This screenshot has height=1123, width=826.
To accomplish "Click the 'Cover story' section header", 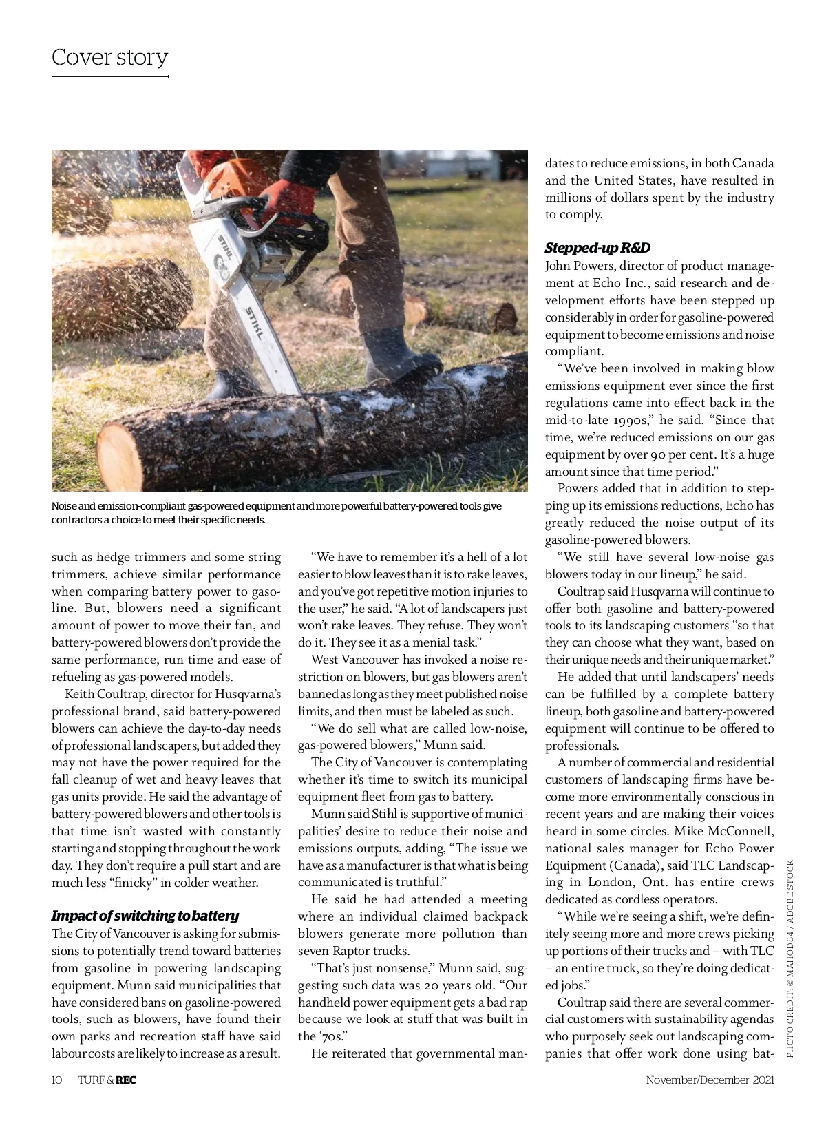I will (109, 57).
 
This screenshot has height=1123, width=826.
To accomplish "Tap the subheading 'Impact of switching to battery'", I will (145, 916).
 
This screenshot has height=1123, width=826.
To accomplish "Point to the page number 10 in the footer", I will (56, 1080).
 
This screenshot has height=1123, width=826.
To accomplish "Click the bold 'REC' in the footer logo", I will (126, 1080).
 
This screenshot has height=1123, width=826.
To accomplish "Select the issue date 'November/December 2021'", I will (710, 1080).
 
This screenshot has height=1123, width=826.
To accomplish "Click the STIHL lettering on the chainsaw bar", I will (254, 324).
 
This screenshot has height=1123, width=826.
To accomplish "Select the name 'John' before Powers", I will (559, 266).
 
